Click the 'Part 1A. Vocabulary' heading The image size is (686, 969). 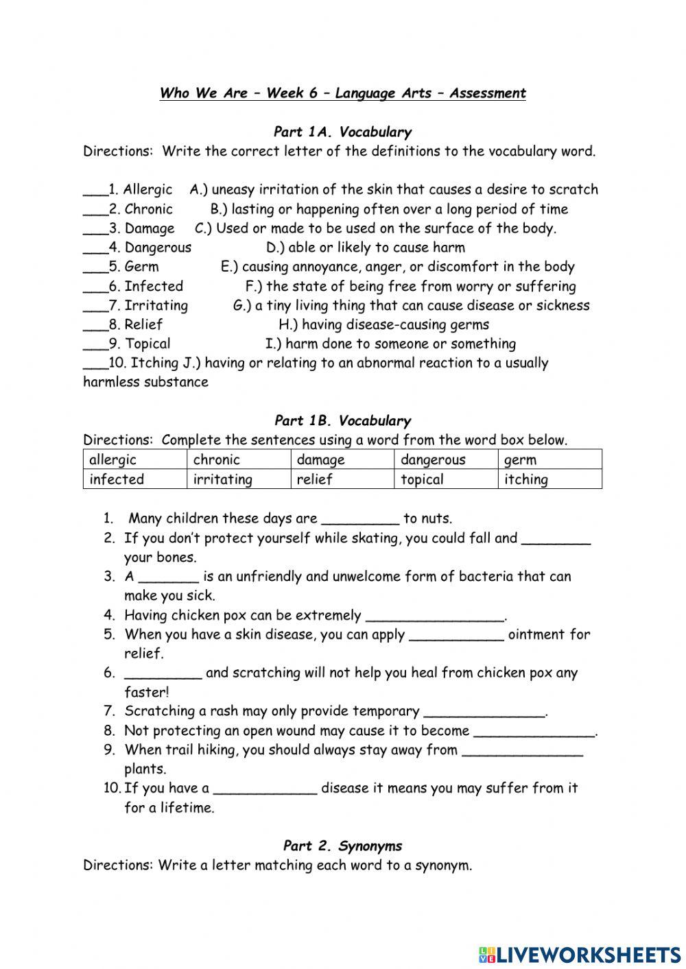342,132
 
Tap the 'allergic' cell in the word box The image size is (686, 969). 134,459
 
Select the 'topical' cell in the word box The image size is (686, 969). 446,479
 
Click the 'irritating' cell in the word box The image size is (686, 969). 238,479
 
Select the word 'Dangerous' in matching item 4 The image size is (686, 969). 158,248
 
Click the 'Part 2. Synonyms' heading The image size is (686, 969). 342,846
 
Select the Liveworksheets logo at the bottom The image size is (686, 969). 579,954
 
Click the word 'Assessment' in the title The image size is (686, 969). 487,93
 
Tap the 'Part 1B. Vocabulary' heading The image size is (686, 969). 342,420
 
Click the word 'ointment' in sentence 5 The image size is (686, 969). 536,634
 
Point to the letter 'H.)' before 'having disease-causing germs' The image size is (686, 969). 288,324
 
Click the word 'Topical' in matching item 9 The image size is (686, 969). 147,344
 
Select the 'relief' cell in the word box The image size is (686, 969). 342,479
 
